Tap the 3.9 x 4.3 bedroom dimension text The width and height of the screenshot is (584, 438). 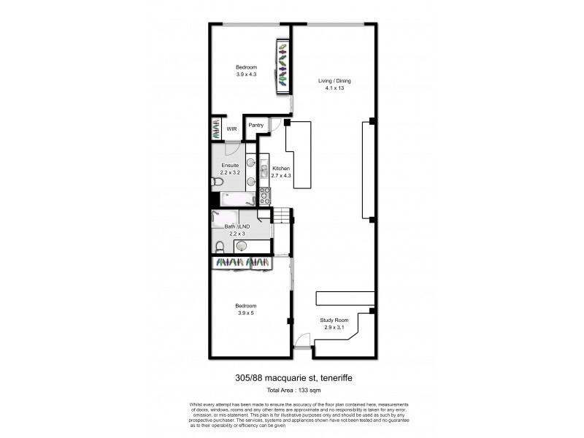246,74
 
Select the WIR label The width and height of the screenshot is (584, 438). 231,128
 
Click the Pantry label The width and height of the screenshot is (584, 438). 255,125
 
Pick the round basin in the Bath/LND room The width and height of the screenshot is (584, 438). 240,247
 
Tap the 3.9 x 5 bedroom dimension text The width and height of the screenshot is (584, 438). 246,312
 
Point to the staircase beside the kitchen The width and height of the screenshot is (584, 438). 283,216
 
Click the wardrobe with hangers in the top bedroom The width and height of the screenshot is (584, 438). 282,66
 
